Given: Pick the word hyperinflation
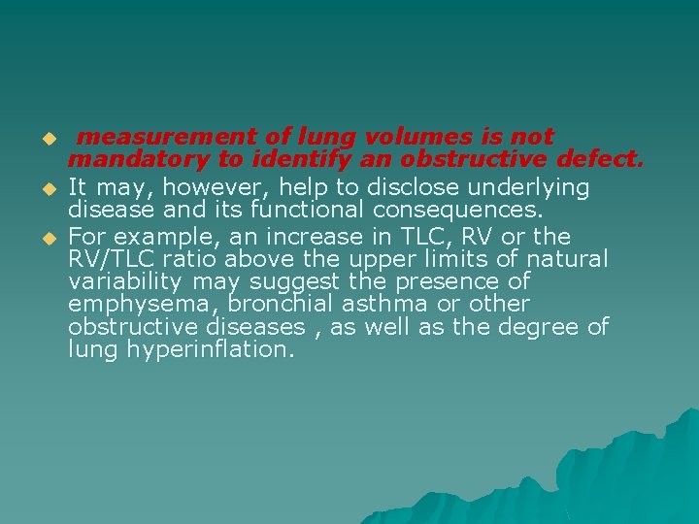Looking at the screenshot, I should tap(211, 349).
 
